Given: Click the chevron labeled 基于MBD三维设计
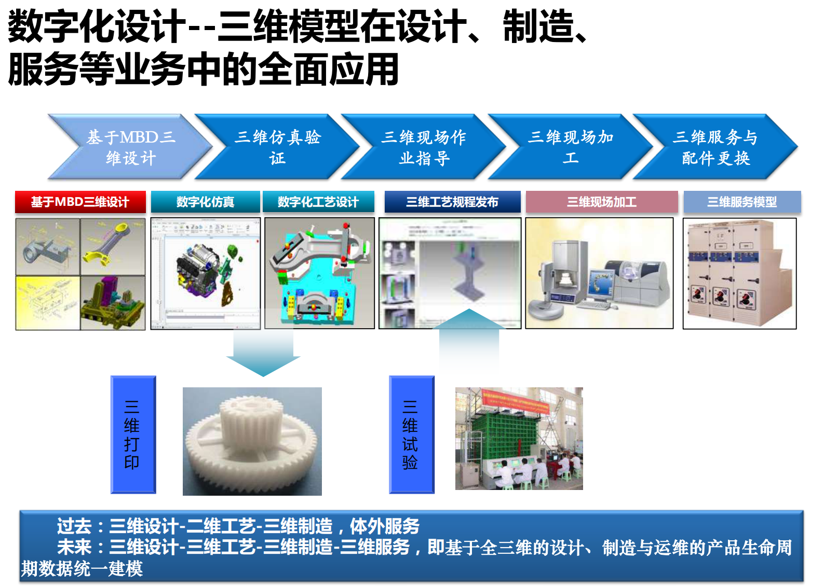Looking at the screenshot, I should click(x=130, y=147).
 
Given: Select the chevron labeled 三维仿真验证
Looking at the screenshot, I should click(x=277, y=147).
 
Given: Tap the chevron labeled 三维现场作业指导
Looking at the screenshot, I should click(x=424, y=147).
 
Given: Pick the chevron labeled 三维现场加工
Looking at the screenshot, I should click(x=570, y=147).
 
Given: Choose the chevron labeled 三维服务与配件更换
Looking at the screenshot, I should click(x=715, y=147).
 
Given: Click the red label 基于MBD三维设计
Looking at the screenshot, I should click(x=80, y=202).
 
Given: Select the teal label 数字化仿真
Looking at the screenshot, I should click(x=205, y=202).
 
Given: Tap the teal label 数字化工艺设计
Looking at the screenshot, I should click(x=318, y=202).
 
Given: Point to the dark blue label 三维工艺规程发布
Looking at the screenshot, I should click(x=452, y=202).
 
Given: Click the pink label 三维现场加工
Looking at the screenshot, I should click(x=601, y=202).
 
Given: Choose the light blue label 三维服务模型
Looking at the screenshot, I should click(x=741, y=202).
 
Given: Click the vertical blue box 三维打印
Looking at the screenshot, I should click(x=133, y=434).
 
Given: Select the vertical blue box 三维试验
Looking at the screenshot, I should click(x=411, y=434).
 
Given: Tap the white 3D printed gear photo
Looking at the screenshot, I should click(x=252, y=441).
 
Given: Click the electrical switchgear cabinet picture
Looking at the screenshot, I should click(x=739, y=273).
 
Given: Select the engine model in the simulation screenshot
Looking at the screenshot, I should click(x=200, y=272).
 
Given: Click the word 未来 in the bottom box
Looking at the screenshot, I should click(x=74, y=547).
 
